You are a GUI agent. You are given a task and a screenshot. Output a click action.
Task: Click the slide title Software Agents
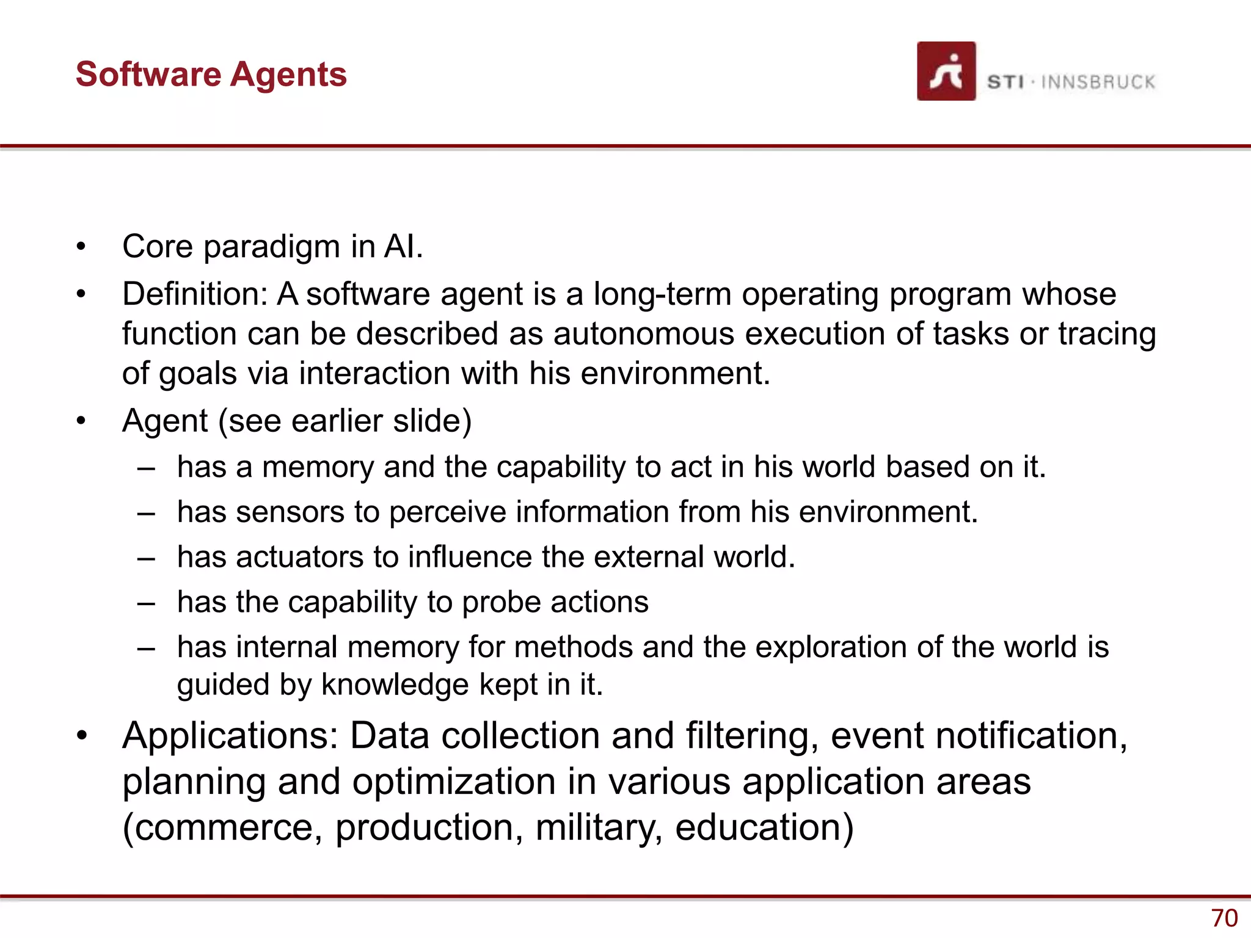(x=211, y=75)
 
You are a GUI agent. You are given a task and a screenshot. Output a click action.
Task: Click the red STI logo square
(x=946, y=71)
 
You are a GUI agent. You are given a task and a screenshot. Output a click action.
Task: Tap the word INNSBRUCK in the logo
(x=1098, y=82)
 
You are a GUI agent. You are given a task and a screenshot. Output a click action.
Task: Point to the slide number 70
(x=1224, y=918)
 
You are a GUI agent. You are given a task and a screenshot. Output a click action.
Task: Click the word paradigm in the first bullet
(x=272, y=247)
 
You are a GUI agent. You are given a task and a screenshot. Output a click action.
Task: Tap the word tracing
(x=1107, y=335)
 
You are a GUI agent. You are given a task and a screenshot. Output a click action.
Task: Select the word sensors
(x=290, y=512)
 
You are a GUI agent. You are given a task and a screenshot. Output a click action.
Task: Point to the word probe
(x=501, y=603)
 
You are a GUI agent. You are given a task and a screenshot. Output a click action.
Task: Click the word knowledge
(x=395, y=685)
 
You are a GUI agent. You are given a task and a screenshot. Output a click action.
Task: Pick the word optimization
(x=454, y=782)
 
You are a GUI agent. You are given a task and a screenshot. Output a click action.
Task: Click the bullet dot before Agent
(x=81, y=421)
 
